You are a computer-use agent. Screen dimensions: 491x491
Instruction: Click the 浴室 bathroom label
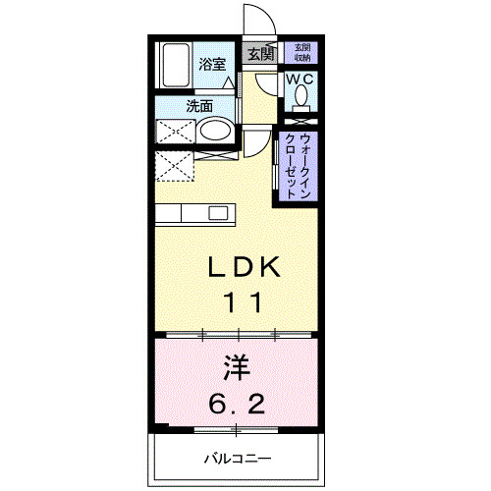[212, 66]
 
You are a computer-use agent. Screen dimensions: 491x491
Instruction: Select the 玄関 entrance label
[260, 54]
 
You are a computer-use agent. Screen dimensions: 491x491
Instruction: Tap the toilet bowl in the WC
[300, 96]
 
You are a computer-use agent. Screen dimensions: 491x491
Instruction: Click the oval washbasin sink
[215, 132]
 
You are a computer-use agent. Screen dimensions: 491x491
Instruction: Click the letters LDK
[245, 266]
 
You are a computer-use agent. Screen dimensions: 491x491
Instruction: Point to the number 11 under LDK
[245, 301]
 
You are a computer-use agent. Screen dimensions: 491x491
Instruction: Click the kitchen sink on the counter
[217, 212]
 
